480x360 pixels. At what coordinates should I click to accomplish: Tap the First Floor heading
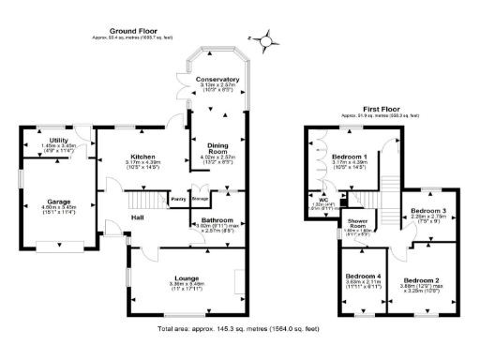(382, 109)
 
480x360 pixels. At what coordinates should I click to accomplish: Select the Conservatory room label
(217, 80)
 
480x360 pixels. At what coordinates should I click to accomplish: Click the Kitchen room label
(142, 157)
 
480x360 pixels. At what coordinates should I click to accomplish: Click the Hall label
(137, 217)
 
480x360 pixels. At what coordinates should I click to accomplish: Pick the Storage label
(200, 199)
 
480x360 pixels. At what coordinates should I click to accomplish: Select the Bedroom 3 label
(430, 212)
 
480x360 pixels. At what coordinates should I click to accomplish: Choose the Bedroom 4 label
(363, 277)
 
